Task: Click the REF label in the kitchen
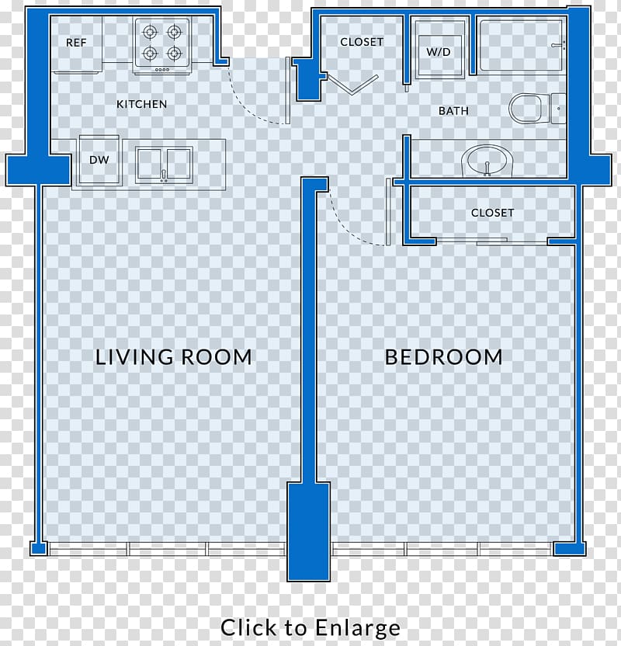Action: coord(76,43)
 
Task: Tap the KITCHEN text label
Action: coord(141,104)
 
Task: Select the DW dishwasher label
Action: coord(99,160)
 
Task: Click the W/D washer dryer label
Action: coord(438,52)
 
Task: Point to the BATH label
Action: coord(453,111)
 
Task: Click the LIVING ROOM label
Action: coord(173,357)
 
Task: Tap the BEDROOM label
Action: coord(443,357)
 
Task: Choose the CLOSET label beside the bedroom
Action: coord(492,213)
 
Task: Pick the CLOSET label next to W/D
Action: coord(362,42)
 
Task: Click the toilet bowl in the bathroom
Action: coord(525,109)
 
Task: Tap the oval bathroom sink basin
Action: coord(487,161)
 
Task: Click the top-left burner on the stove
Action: coord(150,31)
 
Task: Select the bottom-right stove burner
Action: coord(174,53)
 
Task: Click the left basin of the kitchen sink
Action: coord(149,165)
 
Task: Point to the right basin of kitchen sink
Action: coord(179,165)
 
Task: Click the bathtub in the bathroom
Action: coord(521,46)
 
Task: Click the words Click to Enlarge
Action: coord(310,627)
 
